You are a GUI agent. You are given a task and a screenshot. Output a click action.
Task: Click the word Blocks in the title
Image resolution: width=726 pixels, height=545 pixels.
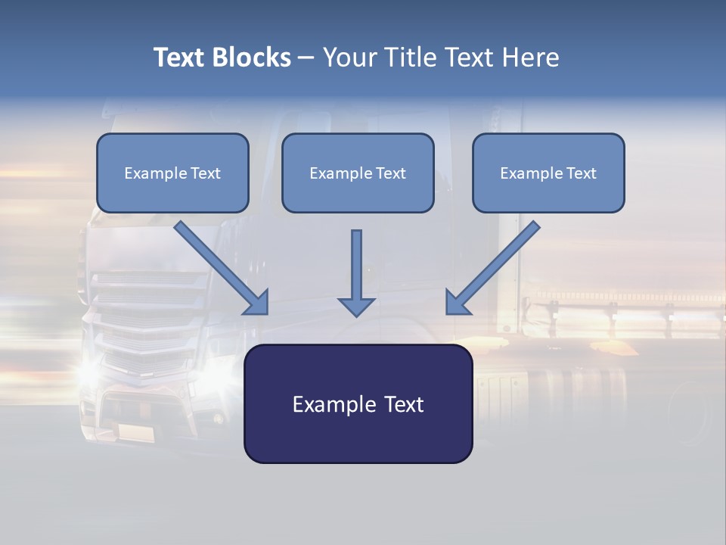point(251,58)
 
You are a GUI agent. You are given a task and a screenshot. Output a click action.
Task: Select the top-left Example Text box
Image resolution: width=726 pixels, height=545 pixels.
point(172,173)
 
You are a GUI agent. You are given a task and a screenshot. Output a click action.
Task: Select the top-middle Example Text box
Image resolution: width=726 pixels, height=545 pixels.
point(358,173)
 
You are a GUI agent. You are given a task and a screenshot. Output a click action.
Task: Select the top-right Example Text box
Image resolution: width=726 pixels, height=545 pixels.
point(548,173)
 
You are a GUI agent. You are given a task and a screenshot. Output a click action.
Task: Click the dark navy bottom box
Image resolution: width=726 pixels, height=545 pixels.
point(358,403)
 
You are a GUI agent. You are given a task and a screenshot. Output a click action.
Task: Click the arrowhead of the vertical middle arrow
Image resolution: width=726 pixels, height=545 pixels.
point(356,306)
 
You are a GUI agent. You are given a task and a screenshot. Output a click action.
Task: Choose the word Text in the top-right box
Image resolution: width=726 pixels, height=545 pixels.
point(581,173)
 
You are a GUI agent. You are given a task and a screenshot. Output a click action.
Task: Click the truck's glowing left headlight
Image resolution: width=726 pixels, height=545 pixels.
point(89,371)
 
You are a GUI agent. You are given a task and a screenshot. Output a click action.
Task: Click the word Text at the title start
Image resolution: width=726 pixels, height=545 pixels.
point(179,58)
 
